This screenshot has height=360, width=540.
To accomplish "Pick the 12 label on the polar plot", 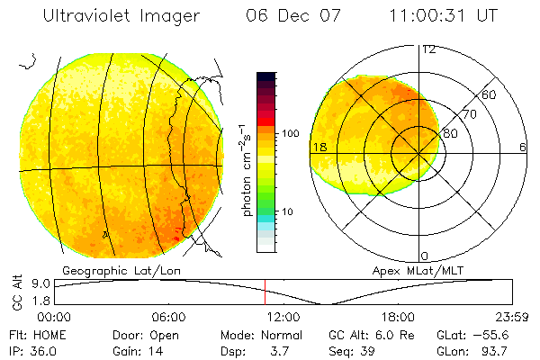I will [x=428, y=49].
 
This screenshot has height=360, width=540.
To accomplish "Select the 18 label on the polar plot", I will [x=318, y=148].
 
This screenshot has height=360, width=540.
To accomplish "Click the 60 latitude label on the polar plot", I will [x=490, y=95].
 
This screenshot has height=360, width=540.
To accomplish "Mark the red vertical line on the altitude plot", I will [x=265, y=292].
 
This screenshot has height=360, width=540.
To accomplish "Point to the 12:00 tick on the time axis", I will [x=283, y=318].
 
